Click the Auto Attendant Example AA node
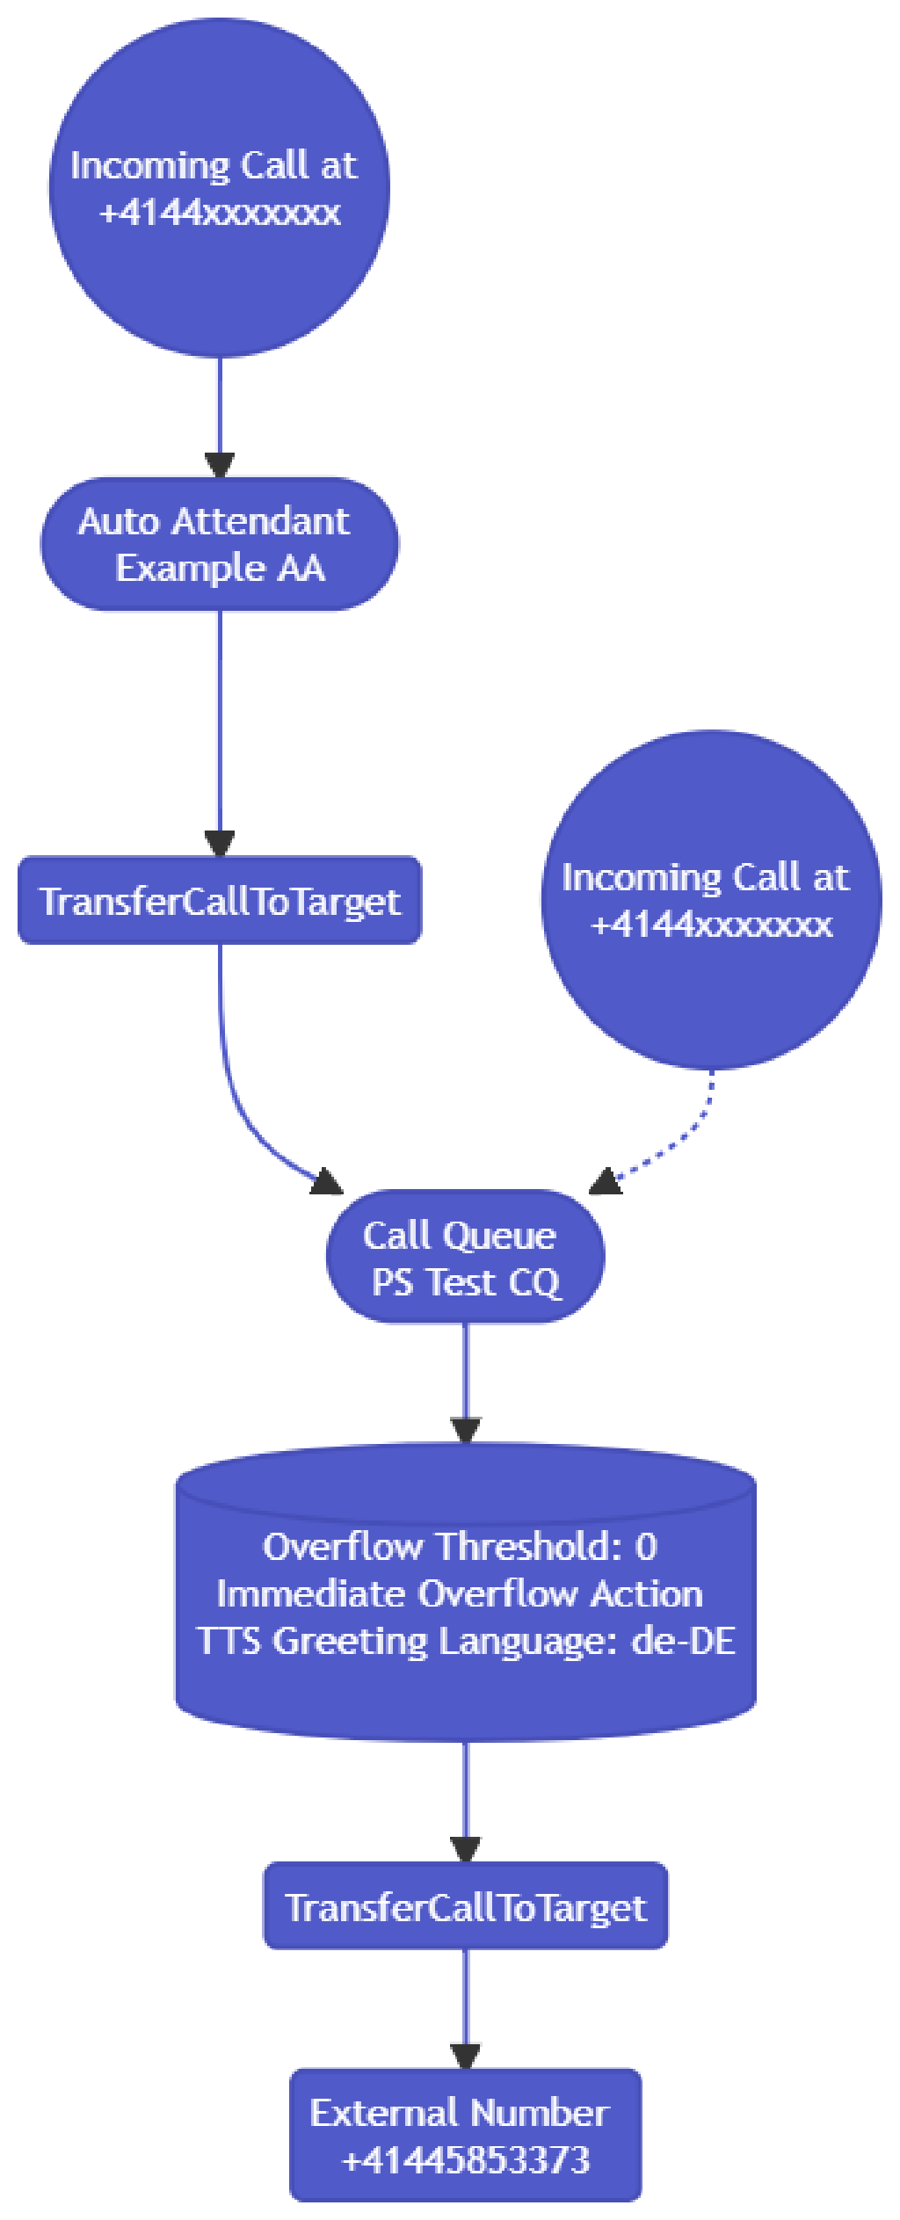pyautogui.click(x=220, y=544)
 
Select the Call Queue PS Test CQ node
pyautogui.click(x=465, y=1258)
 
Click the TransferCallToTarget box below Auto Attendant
pyautogui.click(x=220, y=901)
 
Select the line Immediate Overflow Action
pyautogui.click(x=460, y=1594)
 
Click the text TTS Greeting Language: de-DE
pyautogui.click(x=465, y=1641)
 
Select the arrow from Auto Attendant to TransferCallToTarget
pyautogui.click(x=219, y=729)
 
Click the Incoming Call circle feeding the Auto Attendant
pyautogui.click(x=219, y=188)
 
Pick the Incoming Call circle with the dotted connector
pyautogui.click(x=710, y=900)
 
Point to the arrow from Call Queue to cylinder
pyautogui.click(x=465, y=1380)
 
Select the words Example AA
pyautogui.click(x=220, y=569)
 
